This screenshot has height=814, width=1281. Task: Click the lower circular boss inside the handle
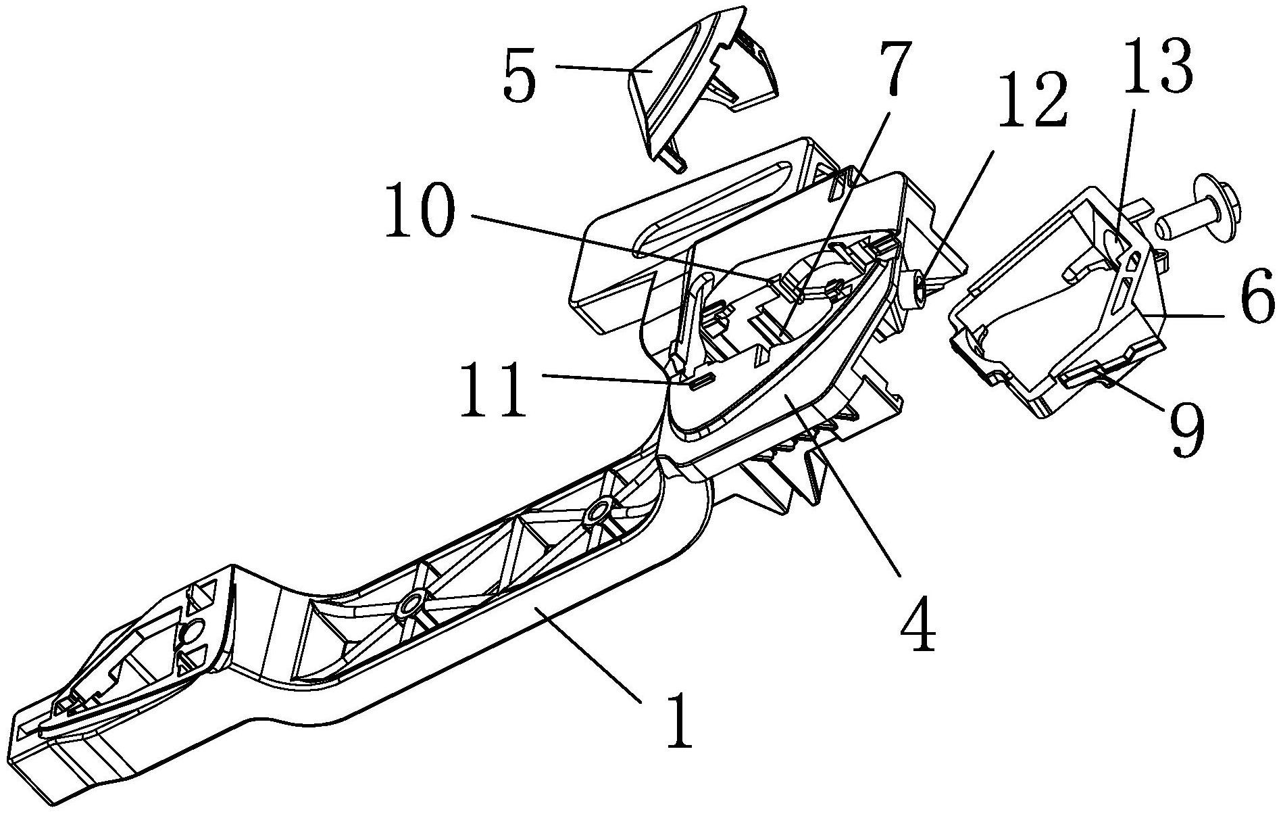tap(409, 604)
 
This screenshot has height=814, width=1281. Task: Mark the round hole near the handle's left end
tap(192, 631)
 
